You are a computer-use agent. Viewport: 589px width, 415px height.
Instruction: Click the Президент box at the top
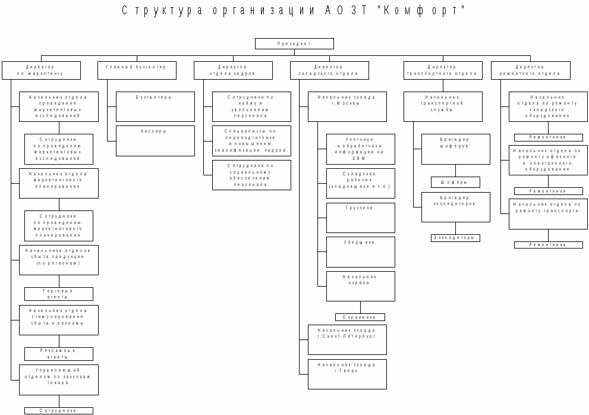[294, 43]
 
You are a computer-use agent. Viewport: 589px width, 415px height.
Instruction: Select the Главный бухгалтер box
[137, 70]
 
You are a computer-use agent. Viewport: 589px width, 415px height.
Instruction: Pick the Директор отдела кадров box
[232, 70]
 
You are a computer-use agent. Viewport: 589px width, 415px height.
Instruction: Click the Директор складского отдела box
[329, 70]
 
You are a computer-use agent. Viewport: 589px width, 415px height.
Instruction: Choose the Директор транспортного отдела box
[442, 70]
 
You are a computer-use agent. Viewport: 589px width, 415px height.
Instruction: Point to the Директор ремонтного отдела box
[530, 70]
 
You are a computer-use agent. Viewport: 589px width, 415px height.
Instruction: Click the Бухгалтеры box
[155, 106]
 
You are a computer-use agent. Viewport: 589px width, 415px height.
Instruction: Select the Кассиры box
[155, 140]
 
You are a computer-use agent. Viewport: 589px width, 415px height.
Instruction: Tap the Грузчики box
[360, 218]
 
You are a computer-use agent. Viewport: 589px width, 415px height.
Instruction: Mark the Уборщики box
[360, 252]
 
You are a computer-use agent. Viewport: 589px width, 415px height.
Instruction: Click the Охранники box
[360, 317]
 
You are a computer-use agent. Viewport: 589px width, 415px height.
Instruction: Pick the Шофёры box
[455, 182]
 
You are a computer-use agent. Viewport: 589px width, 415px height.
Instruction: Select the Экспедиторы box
[455, 238]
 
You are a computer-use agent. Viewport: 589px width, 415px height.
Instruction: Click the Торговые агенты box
[59, 294]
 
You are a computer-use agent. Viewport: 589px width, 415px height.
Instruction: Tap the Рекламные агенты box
[59, 354]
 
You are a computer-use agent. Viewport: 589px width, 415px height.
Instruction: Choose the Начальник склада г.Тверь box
[347, 374]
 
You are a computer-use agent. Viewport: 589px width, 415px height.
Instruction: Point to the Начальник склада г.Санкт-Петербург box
[347, 339]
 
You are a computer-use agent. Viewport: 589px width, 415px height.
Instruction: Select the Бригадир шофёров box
[455, 149]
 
